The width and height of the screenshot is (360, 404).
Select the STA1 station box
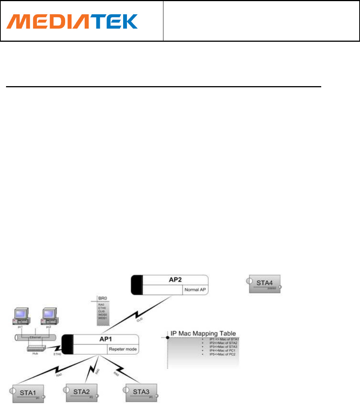pyautogui.click(x=28, y=394)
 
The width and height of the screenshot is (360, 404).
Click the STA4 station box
pyautogui.click(x=265, y=284)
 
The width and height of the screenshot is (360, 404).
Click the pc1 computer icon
pyautogui.click(x=20, y=315)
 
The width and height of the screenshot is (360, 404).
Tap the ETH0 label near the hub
pyautogui.click(x=57, y=354)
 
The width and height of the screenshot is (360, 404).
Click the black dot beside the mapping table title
pyautogui.click(x=168, y=337)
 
